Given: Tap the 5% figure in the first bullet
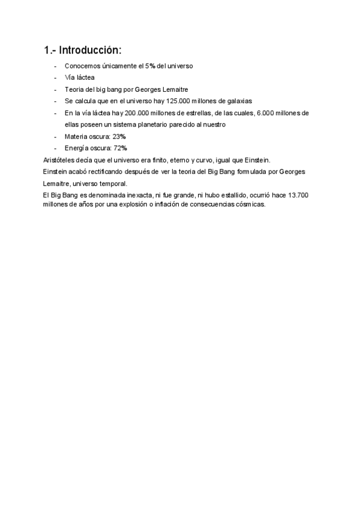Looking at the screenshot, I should click(x=150, y=65).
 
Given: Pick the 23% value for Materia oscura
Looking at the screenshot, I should click(x=119, y=136).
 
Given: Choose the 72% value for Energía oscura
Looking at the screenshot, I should click(x=121, y=148).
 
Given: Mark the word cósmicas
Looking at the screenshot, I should click(x=250, y=204).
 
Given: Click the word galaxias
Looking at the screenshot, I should click(x=240, y=101).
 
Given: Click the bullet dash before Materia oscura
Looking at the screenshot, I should click(x=55, y=136).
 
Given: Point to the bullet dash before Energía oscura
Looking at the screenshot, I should click(x=55, y=148).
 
